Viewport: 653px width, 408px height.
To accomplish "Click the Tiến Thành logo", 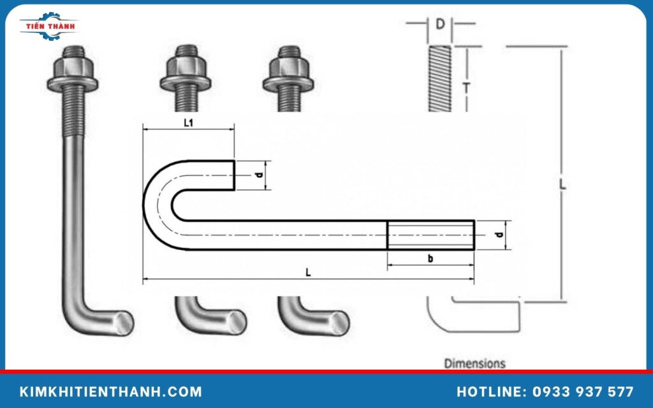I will point(48,26).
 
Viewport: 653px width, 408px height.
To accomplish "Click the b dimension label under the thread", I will point(430,259).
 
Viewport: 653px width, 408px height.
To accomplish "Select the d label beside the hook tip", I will point(258,175).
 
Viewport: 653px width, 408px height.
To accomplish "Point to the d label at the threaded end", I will point(500,235).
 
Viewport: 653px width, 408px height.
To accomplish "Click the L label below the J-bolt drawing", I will point(308,272).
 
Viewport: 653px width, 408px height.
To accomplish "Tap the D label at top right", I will point(440,25).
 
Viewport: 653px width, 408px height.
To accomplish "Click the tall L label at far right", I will point(562,184).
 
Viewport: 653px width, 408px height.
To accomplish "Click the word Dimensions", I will point(474,363).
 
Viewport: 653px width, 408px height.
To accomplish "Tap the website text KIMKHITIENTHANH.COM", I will point(111,391).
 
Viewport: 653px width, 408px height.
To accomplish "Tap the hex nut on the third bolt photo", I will point(288,66).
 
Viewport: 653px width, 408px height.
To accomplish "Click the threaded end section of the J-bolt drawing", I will point(430,235).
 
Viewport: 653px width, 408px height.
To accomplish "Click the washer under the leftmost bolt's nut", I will point(72,82).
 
